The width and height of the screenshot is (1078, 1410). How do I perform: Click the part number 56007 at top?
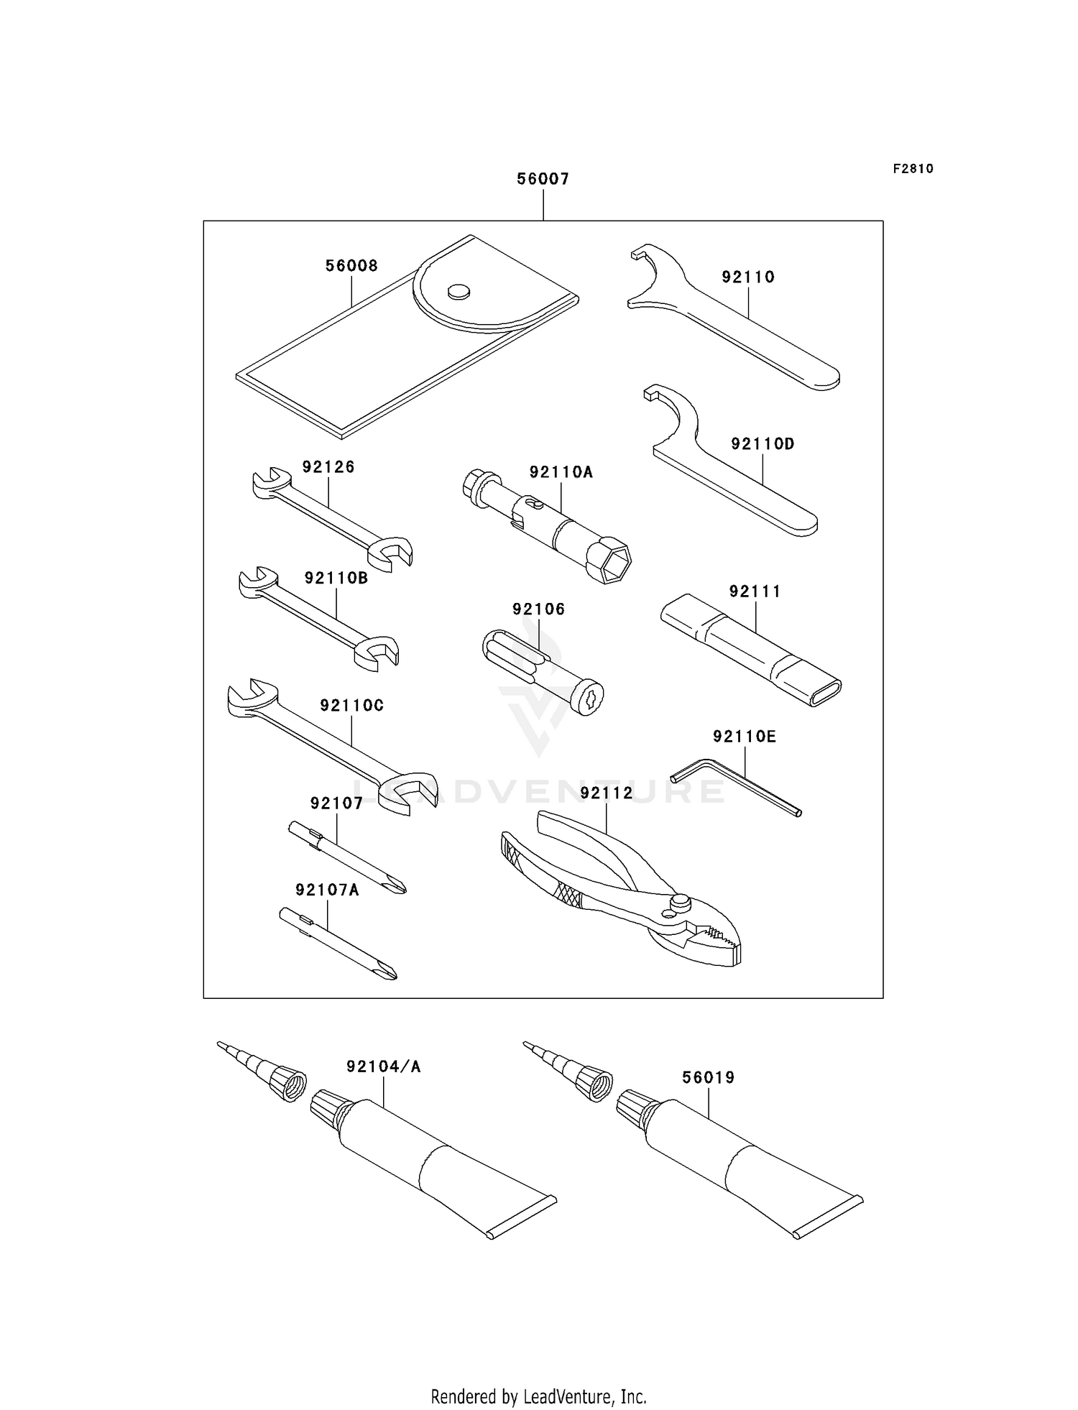coord(543,179)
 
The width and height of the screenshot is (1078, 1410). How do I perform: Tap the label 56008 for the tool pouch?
coord(351,266)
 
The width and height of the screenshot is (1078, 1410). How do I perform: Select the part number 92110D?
coord(763,444)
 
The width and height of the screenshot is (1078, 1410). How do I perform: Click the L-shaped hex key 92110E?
coord(736,788)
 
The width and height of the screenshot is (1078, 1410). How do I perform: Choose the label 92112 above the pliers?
coord(607,793)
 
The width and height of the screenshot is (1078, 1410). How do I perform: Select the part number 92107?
coord(336,803)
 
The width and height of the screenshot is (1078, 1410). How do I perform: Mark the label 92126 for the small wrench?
coord(328,467)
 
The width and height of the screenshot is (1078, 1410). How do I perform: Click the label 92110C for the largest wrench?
coord(351,706)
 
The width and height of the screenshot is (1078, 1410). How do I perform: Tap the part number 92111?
coord(755,591)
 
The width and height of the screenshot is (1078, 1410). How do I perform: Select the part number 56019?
coord(709,1077)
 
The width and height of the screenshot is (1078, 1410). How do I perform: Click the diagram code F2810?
coord(913,169)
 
